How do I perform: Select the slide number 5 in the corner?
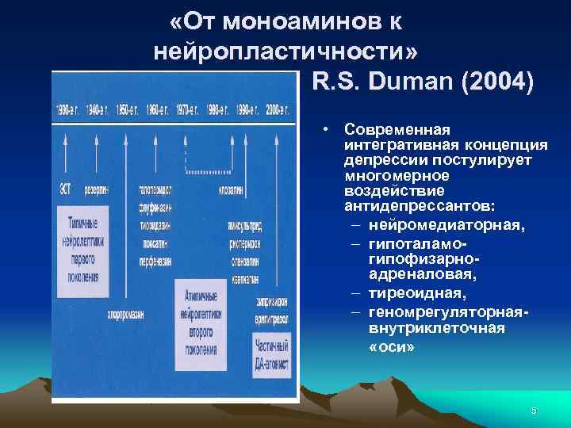tap(534, 410)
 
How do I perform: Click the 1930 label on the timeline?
tap(67, 109)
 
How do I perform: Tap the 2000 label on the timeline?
tap(278, 109)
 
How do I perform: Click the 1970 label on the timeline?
tap(188, 109)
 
